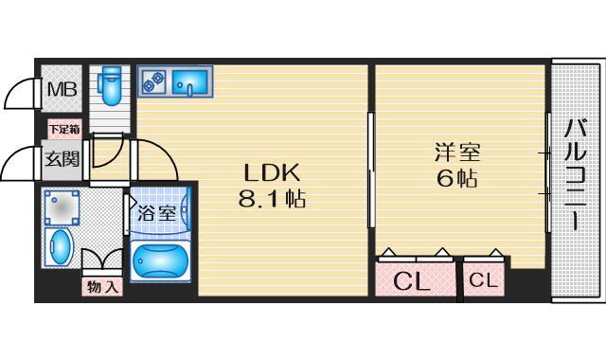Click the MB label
(62, 89)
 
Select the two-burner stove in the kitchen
(151, 82)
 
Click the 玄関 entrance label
(62, 158)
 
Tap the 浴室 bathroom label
(156, 213)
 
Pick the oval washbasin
(60, 247)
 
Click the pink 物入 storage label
(102, 286)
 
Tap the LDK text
(272, 173)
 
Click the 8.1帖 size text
(272, 200)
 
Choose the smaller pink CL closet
(481, 280)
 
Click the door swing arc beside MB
(19, 93)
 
